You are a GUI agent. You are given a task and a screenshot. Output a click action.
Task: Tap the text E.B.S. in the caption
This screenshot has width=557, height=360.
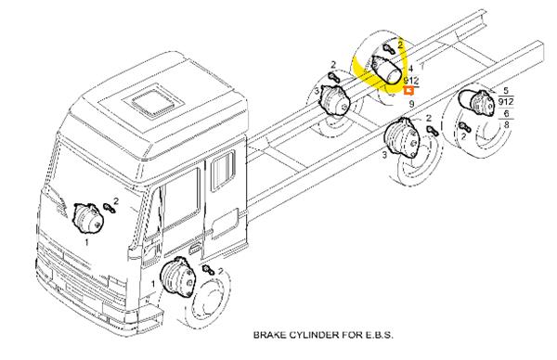point(378,335)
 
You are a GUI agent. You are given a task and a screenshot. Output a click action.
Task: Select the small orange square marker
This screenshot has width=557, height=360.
point(408,91)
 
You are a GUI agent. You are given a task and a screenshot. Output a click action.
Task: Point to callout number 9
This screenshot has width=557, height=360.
point(411,104)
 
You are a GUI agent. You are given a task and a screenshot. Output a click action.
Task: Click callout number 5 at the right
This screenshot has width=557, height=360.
point(506,91)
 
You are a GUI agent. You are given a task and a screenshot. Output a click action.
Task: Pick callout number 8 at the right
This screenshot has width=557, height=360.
point(506,124)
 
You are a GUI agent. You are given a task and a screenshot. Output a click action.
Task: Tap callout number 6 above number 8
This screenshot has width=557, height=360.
point(506,113)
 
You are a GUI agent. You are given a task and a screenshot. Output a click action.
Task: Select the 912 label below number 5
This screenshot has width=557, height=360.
point(506,102)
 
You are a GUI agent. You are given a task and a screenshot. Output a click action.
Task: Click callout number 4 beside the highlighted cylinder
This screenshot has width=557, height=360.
point(410,69)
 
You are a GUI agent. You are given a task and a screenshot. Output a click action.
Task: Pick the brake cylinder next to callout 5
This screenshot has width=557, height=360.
point(476,102)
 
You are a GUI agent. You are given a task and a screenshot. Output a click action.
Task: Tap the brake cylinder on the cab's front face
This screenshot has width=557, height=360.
point(88,218)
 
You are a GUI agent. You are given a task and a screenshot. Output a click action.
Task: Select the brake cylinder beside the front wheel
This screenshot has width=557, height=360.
point(178,276)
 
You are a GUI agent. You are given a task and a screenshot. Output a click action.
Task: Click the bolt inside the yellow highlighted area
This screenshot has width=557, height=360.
point(389,48)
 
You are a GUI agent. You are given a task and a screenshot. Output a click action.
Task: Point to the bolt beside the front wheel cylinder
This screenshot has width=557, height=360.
point(208,270)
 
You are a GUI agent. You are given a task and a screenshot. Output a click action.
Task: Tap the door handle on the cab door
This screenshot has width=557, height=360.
point(194,248)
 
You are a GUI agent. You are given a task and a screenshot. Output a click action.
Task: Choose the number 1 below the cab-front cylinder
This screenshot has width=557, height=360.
point(86,243)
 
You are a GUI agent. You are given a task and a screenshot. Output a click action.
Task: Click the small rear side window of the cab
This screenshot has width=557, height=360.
point(223,171)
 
